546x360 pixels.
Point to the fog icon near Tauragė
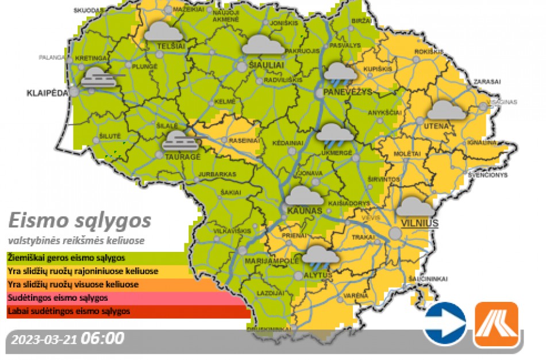(180, 140)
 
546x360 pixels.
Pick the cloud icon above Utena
(447, 110)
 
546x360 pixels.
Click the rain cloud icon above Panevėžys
(340, 72)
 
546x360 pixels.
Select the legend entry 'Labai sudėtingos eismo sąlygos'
(69, 312)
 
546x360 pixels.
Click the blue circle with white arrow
(444, 324)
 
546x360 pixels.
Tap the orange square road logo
(496, 324)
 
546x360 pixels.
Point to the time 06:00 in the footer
(102, 338)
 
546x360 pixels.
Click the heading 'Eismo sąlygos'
(80, 220)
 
